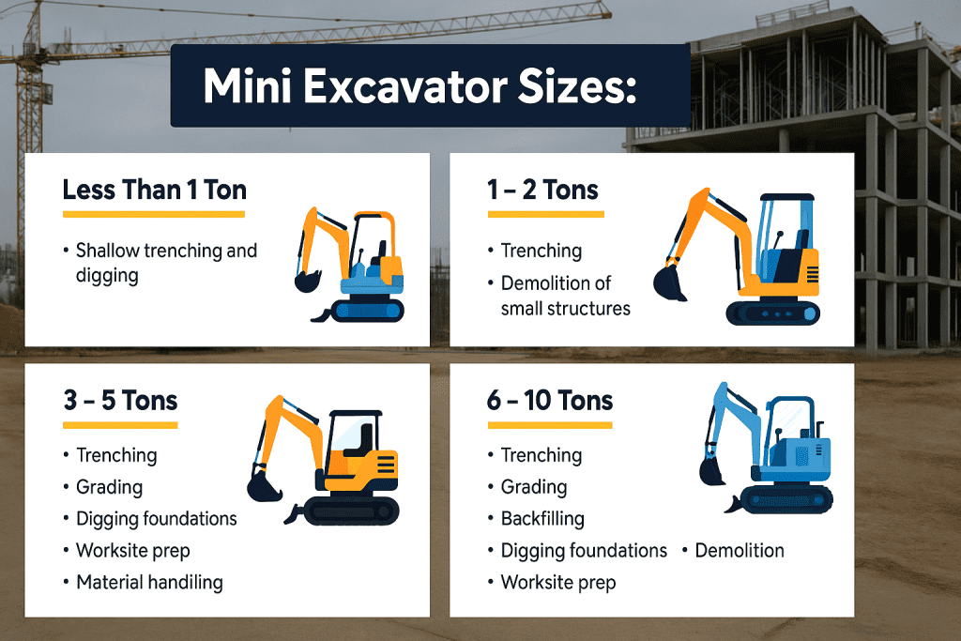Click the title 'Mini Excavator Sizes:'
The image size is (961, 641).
[419, 86]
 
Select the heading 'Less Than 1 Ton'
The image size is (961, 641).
[154, 190]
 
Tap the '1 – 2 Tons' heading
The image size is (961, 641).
[542, 190]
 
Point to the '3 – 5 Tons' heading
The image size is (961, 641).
[121, 401]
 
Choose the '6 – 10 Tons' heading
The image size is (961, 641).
[550, 401]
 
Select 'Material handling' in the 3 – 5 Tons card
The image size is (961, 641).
[149, 582]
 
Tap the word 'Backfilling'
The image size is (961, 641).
[542, 518]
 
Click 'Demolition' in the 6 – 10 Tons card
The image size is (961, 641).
[740, 550]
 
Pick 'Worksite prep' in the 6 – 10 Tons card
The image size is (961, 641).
[558, 582]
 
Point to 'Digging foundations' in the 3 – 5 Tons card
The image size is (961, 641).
[157, 518]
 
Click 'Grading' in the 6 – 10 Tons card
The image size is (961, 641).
[534, 487]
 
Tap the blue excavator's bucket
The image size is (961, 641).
[712, 468]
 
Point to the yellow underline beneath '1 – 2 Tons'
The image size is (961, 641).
[545, 215]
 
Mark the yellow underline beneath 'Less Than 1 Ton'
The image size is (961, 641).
[154, 215]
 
